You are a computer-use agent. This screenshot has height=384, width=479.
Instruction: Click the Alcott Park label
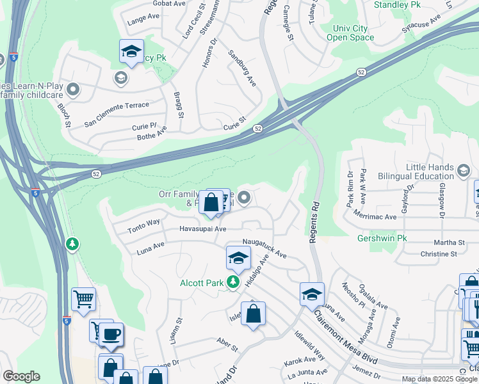point(201,282)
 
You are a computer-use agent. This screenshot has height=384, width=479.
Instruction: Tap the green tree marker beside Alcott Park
point(234,282)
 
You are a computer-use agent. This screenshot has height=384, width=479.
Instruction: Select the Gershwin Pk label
point(382,239)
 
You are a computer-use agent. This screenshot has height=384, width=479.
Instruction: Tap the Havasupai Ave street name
point(203,228)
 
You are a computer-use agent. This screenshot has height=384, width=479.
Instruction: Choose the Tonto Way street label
point(143,226)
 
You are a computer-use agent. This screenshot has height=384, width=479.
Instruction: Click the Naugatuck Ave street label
point(264,248)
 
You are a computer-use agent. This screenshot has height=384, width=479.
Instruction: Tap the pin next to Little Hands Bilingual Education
point(464,170)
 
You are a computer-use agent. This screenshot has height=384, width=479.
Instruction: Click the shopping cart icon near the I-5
point(83,298)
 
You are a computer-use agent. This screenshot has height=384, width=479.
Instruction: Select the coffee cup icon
point(111,333)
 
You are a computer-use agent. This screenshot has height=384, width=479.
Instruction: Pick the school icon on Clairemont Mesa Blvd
point(312,294)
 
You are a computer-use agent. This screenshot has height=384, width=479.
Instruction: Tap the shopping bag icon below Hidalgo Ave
point(253,314)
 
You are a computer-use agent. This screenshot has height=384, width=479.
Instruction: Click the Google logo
point(21,376)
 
